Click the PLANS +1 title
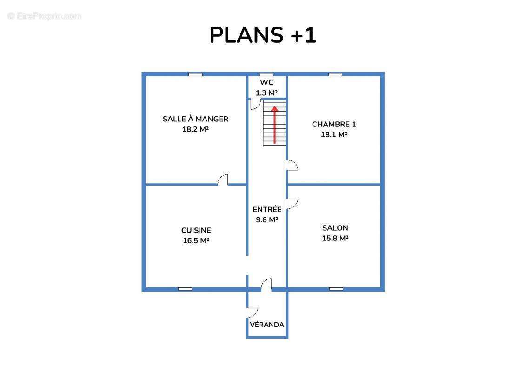263,35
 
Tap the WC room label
266,82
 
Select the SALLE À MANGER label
196,119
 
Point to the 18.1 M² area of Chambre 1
334,134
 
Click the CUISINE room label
196,231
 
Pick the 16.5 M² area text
196,240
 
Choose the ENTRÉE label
267,209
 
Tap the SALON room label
335,228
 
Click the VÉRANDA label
267,325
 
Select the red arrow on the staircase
275,125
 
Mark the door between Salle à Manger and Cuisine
223,180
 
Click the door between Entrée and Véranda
267,285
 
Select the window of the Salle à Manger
195,74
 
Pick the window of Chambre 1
335,74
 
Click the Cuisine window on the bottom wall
185,289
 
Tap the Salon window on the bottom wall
336,289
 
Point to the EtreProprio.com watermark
44,16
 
